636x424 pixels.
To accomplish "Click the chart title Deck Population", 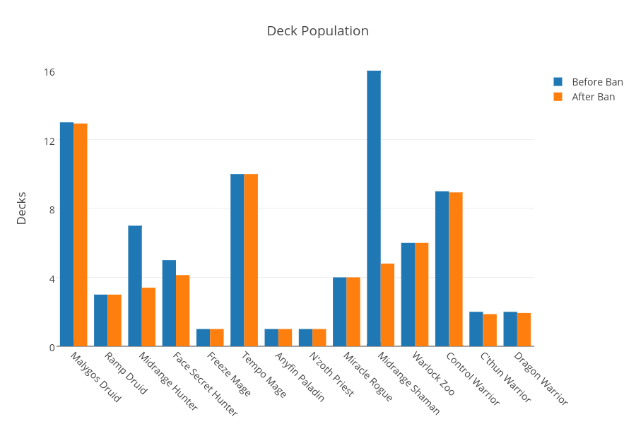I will click(317, 31).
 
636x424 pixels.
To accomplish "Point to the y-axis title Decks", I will click(21, 208).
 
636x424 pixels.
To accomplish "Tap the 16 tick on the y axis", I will click(49, 72).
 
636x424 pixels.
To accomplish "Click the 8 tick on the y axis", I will click(52, 209).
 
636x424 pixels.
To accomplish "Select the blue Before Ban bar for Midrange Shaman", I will click(374, 208).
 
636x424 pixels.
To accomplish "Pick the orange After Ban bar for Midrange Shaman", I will click(387, 305).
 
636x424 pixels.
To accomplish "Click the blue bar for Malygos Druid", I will click(66, 235).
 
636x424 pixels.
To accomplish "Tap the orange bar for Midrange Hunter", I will click(148, 317).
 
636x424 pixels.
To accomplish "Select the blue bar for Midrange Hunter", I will click(135, 286).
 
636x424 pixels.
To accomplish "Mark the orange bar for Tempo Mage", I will click(251, 260).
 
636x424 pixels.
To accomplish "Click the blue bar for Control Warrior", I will click(442, 269).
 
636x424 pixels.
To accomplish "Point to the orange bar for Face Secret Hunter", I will click(183, 311).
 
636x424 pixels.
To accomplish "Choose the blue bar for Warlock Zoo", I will click(408, 295).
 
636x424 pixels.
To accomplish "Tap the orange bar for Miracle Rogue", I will click(353, 312).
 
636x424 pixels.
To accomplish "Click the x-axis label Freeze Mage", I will click(228, 374).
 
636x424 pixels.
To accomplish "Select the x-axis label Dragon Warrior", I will click(541, 378).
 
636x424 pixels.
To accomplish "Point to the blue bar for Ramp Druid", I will click(100, 320).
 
